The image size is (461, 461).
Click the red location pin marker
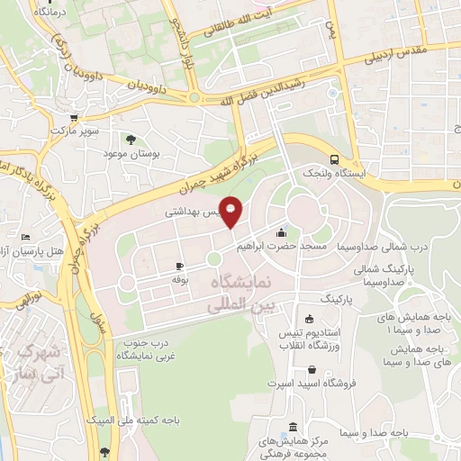tap(231, 212)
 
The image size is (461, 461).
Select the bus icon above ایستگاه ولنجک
tap(335, 156)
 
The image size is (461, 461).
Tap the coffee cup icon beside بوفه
tap(178, 267)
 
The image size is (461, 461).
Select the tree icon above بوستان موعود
tap(131, 140)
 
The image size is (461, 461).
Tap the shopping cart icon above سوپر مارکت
tap(74, 117)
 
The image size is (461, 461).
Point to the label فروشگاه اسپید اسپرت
tap(312, 384)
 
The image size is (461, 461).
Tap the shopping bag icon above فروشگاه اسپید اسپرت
tap(312, 369)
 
